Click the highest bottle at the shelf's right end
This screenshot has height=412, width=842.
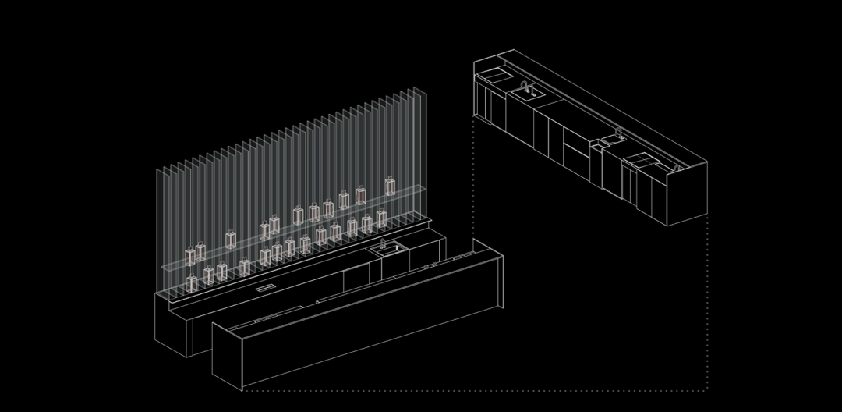390,185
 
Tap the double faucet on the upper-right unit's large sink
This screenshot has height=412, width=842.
528,87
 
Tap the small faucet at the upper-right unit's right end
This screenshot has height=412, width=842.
672,164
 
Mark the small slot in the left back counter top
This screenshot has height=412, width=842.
266,288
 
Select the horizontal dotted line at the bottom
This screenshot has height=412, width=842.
476,389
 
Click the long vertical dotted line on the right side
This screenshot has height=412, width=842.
707,304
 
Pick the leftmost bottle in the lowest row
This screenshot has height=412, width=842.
192,283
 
